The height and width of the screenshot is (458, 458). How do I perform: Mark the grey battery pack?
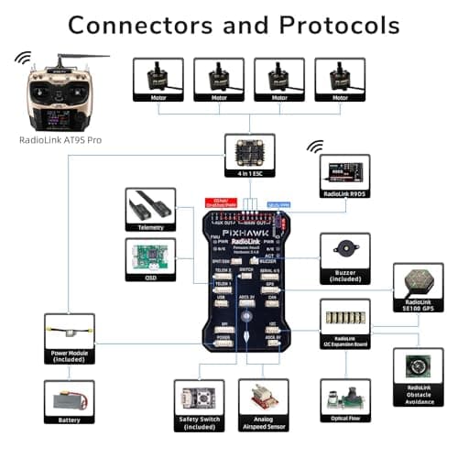(69, 400)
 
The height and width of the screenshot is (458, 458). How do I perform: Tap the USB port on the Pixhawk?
(221, 298)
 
